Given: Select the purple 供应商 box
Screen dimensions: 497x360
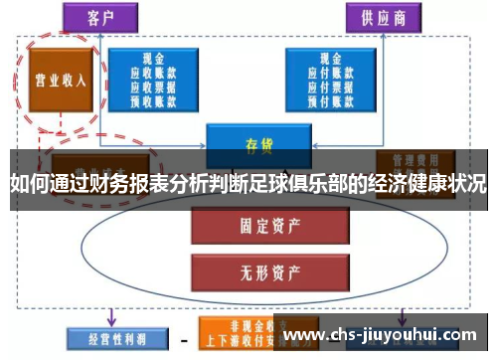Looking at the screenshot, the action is (384, 16).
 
